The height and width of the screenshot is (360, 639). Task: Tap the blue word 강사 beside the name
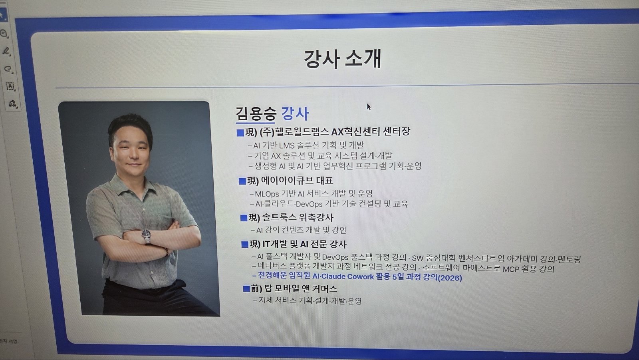click(x=295, y=113)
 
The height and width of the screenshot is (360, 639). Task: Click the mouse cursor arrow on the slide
click(x=369, y=107)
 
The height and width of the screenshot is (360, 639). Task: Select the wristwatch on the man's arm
click(x=146, y=236)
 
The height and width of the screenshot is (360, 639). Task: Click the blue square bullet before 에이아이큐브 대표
click(x=242, y=181)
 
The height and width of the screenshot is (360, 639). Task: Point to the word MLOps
click(x=267, y=194)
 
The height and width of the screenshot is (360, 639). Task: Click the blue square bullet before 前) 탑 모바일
click(x=246, y=289)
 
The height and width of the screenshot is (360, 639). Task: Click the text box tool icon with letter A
click(x=10, y=86)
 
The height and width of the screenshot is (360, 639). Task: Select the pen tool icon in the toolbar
click(x=6, y=52)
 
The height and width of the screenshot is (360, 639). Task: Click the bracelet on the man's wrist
click(x=166, y=252)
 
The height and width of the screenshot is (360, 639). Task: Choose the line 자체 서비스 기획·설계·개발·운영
click(x=310, y=300)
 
